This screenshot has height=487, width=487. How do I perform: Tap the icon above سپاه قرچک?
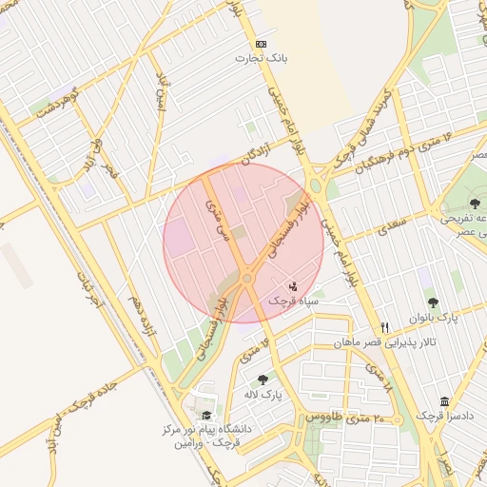pos(293,284)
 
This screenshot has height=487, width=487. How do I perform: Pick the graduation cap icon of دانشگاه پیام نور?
pos(206,415)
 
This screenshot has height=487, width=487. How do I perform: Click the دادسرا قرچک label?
pos(444,416)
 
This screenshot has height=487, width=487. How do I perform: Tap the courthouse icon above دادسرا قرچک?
pos(444,400)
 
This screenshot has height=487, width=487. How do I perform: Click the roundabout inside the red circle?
pos(247,278)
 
